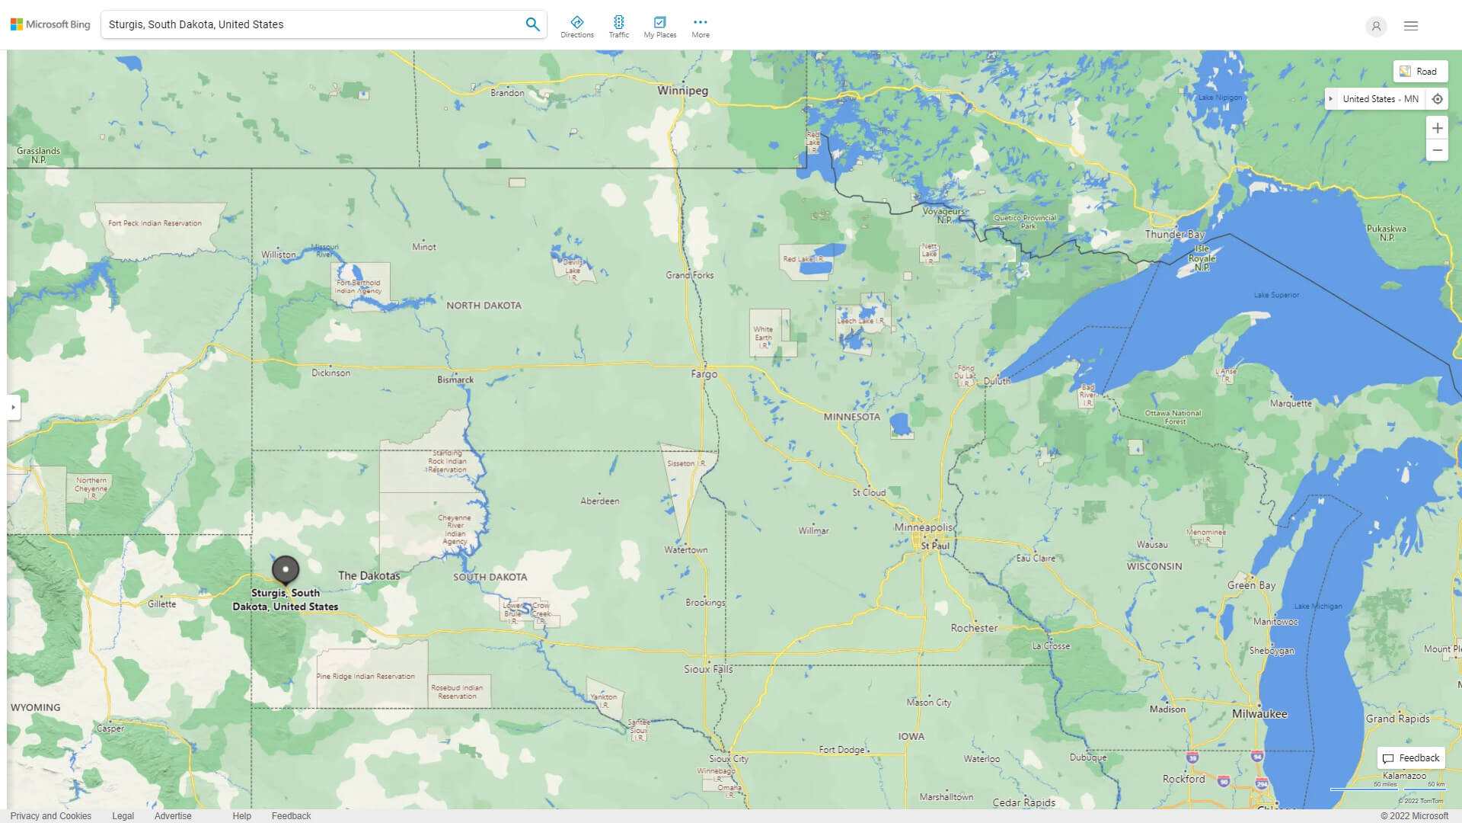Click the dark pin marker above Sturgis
click(x=286, y=569)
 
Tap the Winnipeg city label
click(x=682, y=91)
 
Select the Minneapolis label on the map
click(x=923, y=527)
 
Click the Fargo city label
click(x=704, y=374)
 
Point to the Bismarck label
click(x=455, y=379)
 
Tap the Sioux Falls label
click(x=708, y=669)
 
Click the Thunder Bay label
click(x=1175, y=235)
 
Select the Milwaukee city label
click(x=1259, y=714)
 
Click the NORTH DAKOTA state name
click(x=484, y=306)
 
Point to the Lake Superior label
click(x=1276, y=295)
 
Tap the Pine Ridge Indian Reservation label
click(x=365, y=677)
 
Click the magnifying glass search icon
click(x=532, y=24)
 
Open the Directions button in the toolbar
click(x=576, y=26)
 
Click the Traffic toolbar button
click(x=618, y=26)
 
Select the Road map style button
click(x=1419, y=72)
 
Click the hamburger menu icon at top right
click(x=1410, y=26)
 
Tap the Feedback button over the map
click(x=1411, y=758)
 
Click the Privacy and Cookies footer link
click(x=50, y=815)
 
